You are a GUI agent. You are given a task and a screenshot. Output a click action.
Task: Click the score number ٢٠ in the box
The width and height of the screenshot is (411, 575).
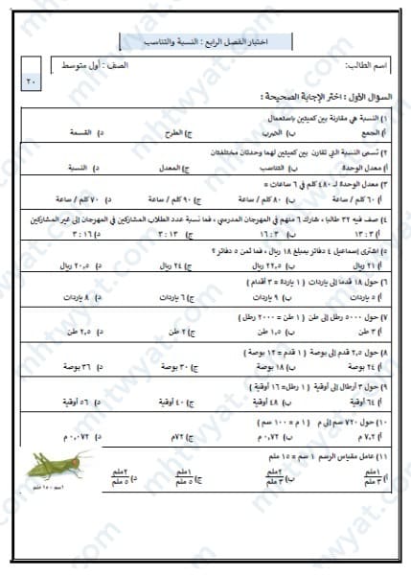30,82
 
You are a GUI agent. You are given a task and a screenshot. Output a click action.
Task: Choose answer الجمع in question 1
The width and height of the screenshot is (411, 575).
367,132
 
